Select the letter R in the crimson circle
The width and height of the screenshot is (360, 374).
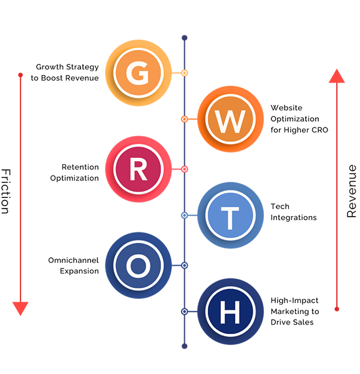click(x=138, y=169)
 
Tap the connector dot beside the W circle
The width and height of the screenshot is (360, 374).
click(x=185, y=119)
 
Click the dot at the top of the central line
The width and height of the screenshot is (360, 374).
click(x=185, y=38)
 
